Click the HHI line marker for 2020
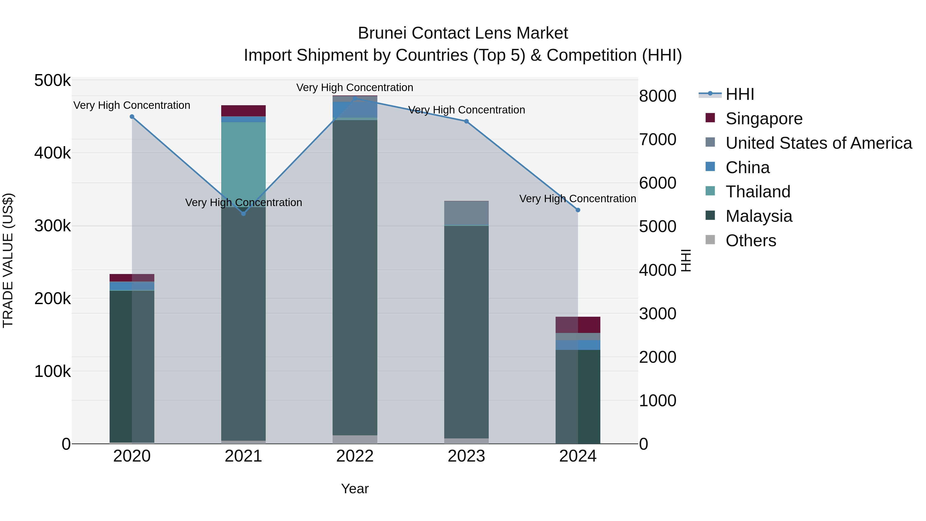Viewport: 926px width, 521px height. coord(132,117)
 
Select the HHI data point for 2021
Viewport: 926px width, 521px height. coord(243,214)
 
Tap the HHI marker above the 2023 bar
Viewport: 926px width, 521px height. coord(467,121)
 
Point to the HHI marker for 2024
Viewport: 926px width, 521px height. coord(578,210)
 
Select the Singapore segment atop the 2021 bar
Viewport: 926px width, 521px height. coord(243,111)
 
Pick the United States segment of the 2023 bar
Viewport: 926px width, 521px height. coord(467,213)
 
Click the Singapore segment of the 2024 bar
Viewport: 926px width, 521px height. coord(578,325)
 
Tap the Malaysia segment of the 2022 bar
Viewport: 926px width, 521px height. coord(355,277)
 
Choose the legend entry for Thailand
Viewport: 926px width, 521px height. coord(758,192)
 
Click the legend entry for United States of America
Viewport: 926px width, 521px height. coord(818,143)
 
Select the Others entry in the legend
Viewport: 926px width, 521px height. coord(751,241)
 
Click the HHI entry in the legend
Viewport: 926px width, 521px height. coord(740,94)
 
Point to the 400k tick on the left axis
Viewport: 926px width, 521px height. coord(52,153)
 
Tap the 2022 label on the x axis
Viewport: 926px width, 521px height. coord(355,456)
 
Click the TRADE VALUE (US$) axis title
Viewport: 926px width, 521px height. coord(8,260)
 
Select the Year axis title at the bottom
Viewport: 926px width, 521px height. coord(355,489)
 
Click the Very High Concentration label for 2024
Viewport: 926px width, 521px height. coord(578,198)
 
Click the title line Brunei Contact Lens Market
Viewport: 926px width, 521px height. coord(463,33)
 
